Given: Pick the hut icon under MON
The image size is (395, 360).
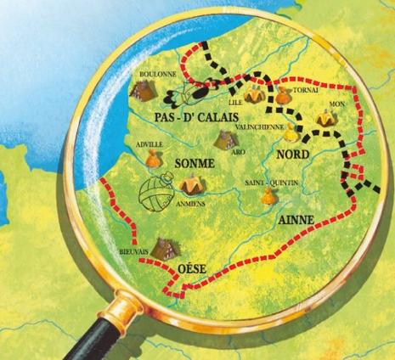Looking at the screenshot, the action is [x=324, y=120].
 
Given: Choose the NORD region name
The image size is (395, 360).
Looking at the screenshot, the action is [x=296, y=154].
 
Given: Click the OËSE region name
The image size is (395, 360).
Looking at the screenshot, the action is [x=191, y=271].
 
